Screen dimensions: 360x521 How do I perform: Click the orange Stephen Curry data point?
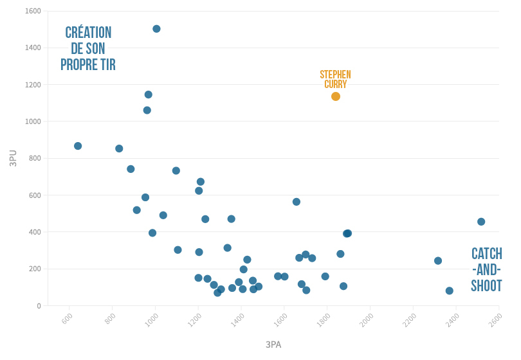[335, 96]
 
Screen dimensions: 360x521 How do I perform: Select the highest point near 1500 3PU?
[156, 29]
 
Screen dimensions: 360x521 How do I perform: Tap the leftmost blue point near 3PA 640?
[78, 146]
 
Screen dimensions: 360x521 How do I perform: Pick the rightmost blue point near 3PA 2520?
[481, 222]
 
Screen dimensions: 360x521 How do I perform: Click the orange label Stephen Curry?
[335, 79]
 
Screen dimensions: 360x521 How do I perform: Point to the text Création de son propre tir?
[88, 49]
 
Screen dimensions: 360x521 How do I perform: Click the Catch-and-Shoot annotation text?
[486, 270]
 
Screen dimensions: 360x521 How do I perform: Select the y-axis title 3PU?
[13, 158]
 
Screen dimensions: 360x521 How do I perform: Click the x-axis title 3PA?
[273, 345]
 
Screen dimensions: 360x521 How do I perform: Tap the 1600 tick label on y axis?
[32, 12]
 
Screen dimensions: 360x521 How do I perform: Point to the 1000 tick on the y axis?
[32, 122]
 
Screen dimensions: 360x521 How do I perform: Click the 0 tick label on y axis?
[39, 306]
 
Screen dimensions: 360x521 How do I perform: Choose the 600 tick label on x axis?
[67, 318]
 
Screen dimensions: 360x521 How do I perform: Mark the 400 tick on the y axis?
[34, 232]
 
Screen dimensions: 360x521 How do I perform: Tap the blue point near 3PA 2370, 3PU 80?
[449, 291]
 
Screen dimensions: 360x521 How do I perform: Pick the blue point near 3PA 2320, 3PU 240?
[438, 261]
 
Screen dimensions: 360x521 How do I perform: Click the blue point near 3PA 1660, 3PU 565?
[297, 202]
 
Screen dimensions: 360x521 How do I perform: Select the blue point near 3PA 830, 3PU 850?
[119, 148]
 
